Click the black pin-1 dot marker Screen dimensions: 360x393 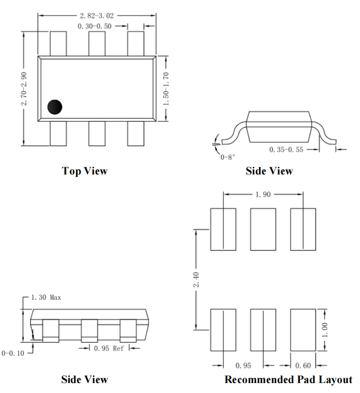click(x=55, y=107)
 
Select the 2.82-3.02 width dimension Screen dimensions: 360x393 click(x=97, y=16)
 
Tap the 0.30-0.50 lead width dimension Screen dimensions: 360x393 click(x=94, y=27)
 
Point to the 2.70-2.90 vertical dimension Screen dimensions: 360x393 click(x=24, y=89)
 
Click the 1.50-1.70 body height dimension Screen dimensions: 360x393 click(x=166, y=89)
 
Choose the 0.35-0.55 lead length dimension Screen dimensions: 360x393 click(x=286, y=150)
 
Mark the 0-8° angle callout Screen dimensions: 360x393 click(x=228, y=157)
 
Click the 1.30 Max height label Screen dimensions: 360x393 click(x=46, y=297)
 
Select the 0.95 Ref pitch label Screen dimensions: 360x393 click(x=109, y=348)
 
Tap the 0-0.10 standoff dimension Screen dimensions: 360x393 click(x=13, y=353)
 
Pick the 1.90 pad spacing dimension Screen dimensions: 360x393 click(x=263, y=194)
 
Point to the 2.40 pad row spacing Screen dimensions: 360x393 click(x=196, y=279)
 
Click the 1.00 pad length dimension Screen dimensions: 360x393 click(x=324, y=330)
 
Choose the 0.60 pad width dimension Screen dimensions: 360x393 click(x=303, y=366)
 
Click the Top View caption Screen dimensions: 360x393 click(x=85, y=171)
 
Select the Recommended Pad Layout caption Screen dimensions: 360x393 click(x=288, y=379)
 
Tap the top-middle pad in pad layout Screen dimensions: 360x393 click(x=263, y=229)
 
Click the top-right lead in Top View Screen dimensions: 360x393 click(x=136, y=44)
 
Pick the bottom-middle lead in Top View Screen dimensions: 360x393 click(x=97, y=134)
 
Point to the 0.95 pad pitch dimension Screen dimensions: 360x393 click(x=243, y=366)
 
